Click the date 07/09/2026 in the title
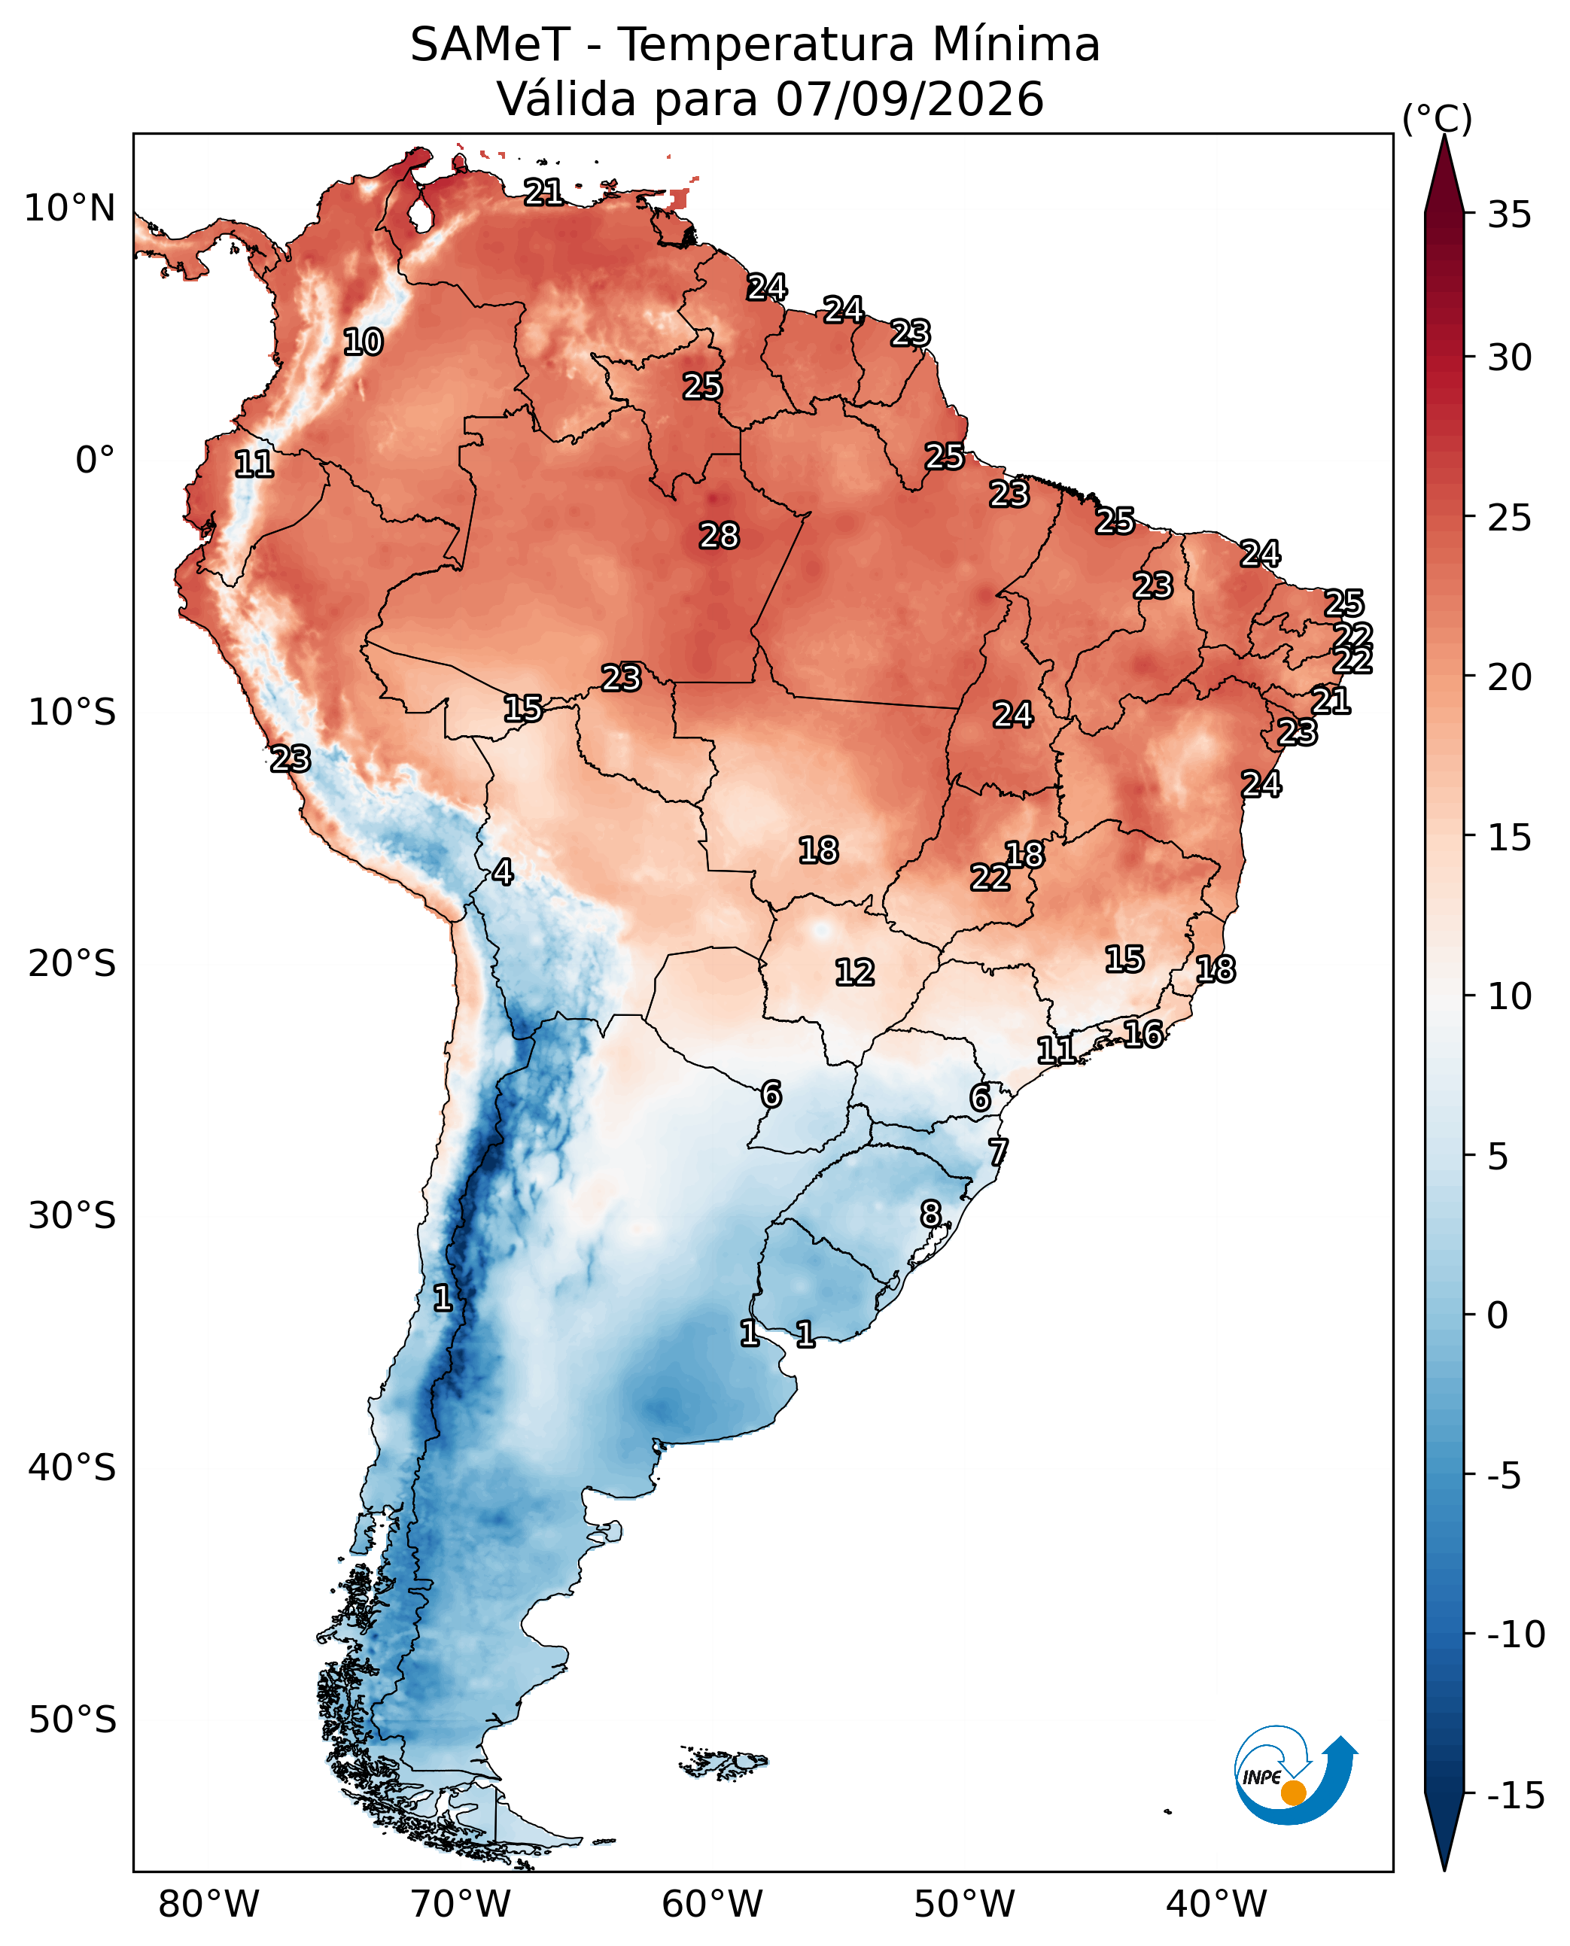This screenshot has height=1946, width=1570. click(x=910, y=99)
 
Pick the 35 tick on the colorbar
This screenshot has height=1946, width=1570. click(x=1509, y=215)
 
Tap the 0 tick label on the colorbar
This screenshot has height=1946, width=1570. click(x=1498, y=1315)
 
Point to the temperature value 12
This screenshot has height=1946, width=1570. click(x=855, y=972)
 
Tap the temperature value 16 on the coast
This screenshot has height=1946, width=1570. click(x=1143, y=1034)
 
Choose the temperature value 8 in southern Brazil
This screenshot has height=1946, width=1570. click(x=930, y=1214)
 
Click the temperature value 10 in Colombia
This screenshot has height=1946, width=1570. click(x=363, y=342)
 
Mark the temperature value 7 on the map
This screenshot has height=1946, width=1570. click(x=997, y=1152)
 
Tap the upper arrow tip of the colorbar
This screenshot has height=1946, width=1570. click(x=1444, y=135)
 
